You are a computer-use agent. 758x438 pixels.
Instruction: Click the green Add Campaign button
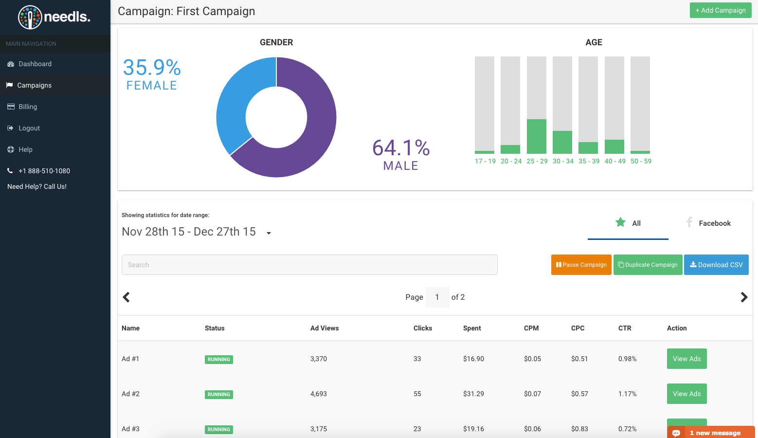pos(720,10)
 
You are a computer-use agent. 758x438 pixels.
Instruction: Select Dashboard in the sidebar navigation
pos(35,64)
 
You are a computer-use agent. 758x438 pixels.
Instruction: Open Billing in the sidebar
pos(28,107)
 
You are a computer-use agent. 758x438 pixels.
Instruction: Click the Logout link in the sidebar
pos(29,128)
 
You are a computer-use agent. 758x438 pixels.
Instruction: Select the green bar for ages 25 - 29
pos(536,137)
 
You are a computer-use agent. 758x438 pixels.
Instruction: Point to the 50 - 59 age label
pos(641,161)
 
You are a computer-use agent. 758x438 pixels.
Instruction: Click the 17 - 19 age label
pos(485,161)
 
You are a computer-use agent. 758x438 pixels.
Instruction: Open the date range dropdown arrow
pos(269,233)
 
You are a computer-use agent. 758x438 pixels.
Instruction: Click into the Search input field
pos(309,265)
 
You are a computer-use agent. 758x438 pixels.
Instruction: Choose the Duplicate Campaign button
pos(648,265)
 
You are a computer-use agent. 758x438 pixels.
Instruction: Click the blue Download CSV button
pos(716,265)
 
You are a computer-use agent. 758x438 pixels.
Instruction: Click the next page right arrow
pos(744,297)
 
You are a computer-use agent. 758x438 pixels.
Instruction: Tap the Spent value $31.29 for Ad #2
pos(473,394)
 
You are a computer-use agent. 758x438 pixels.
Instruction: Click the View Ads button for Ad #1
pos(686,359)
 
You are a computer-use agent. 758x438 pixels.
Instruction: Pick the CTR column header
pos(625,328)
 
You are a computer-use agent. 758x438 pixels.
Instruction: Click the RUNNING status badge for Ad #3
pos(219,429)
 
